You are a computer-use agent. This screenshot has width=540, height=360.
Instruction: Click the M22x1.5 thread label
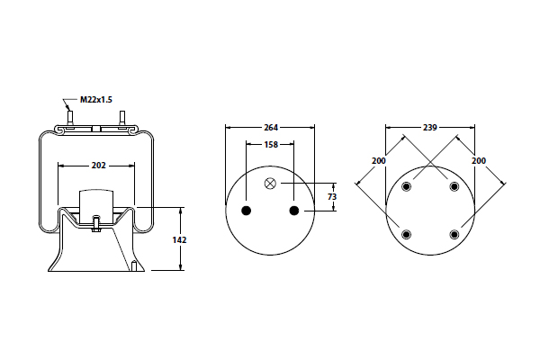pyautogui.click(x=96, y=99)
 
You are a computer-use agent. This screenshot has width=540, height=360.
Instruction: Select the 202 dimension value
pyautogui.click(x=99, y=165)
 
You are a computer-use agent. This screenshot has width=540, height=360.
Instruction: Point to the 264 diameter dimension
pyautogui.click(x=269, y=128)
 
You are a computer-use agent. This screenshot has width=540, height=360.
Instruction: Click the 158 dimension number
pyautogui.click(x=269, y=144)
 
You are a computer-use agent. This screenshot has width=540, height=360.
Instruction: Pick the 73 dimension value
pyautogui.click(x=331, y=196)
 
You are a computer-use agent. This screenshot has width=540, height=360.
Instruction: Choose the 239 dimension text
pyautogui.click(x=429, y=128)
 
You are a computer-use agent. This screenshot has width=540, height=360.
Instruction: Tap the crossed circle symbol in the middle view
pyautogui.click(x=270, y=184)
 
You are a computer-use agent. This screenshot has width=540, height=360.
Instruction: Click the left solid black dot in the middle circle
pyautogui.click(x=245, y=211)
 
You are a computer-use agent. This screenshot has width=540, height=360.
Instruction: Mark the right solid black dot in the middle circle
pyautogui.click(x=293, y=211)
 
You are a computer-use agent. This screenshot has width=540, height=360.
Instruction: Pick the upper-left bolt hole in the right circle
pyautogui.click(x=406, y=187)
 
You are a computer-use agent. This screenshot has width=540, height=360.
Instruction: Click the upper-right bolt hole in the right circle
pyautogui.click(x=454, y=187)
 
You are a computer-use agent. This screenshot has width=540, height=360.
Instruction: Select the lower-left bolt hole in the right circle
pyautogui.click(x=406, y=235)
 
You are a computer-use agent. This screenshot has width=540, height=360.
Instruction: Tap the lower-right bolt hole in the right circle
pyautogui.click(x=454, y=235)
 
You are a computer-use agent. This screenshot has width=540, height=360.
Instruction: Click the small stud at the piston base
pyautogui.click(x=133, y=266)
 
